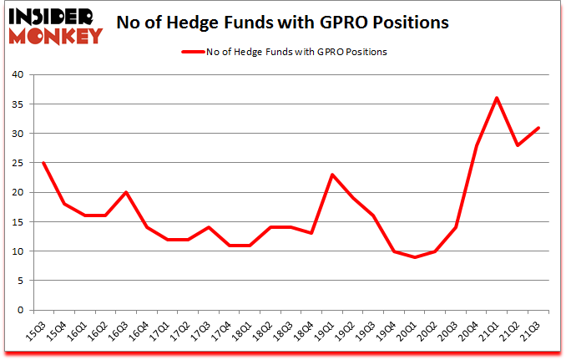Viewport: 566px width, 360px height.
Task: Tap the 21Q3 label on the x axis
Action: [x=533, y=332]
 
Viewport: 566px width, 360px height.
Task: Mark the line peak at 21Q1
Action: [x=498, y=98]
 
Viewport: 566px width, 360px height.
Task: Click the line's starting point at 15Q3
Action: [x=43, y=163]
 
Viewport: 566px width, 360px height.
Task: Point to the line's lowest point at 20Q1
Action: [x=415, y=257]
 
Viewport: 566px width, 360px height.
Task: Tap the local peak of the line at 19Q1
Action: [x=332, y=175]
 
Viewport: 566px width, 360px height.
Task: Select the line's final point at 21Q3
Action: [x=539, y=128]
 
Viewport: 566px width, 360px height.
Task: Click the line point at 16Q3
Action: [x=125, y=192]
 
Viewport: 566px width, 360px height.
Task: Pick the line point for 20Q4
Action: [x=477, y=145]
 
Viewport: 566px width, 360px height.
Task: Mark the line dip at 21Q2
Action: [x=518, y=145]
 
